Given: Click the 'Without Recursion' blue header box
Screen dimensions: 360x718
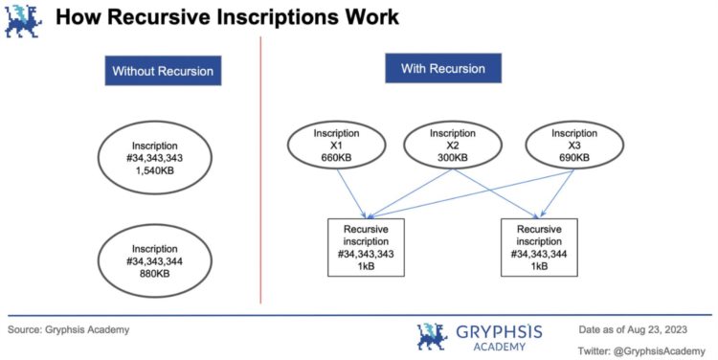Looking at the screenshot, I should tap(163, 72).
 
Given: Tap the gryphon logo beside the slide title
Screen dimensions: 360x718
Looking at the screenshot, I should tap(21, 19).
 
